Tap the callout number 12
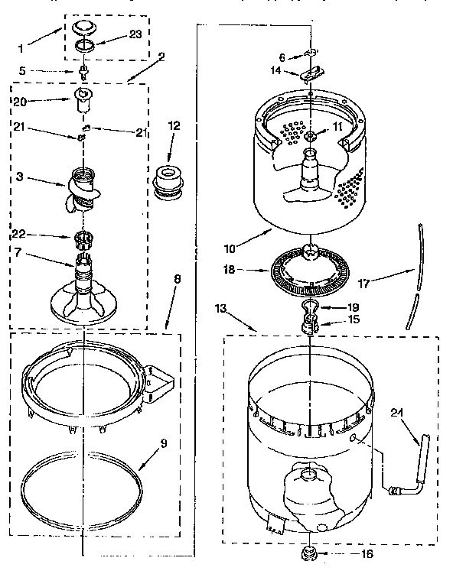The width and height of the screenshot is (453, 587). [174, 125]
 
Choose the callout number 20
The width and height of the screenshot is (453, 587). [20, 100]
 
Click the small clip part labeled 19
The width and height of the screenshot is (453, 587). [309, 307]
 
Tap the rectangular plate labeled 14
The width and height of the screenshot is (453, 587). [310, 75]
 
